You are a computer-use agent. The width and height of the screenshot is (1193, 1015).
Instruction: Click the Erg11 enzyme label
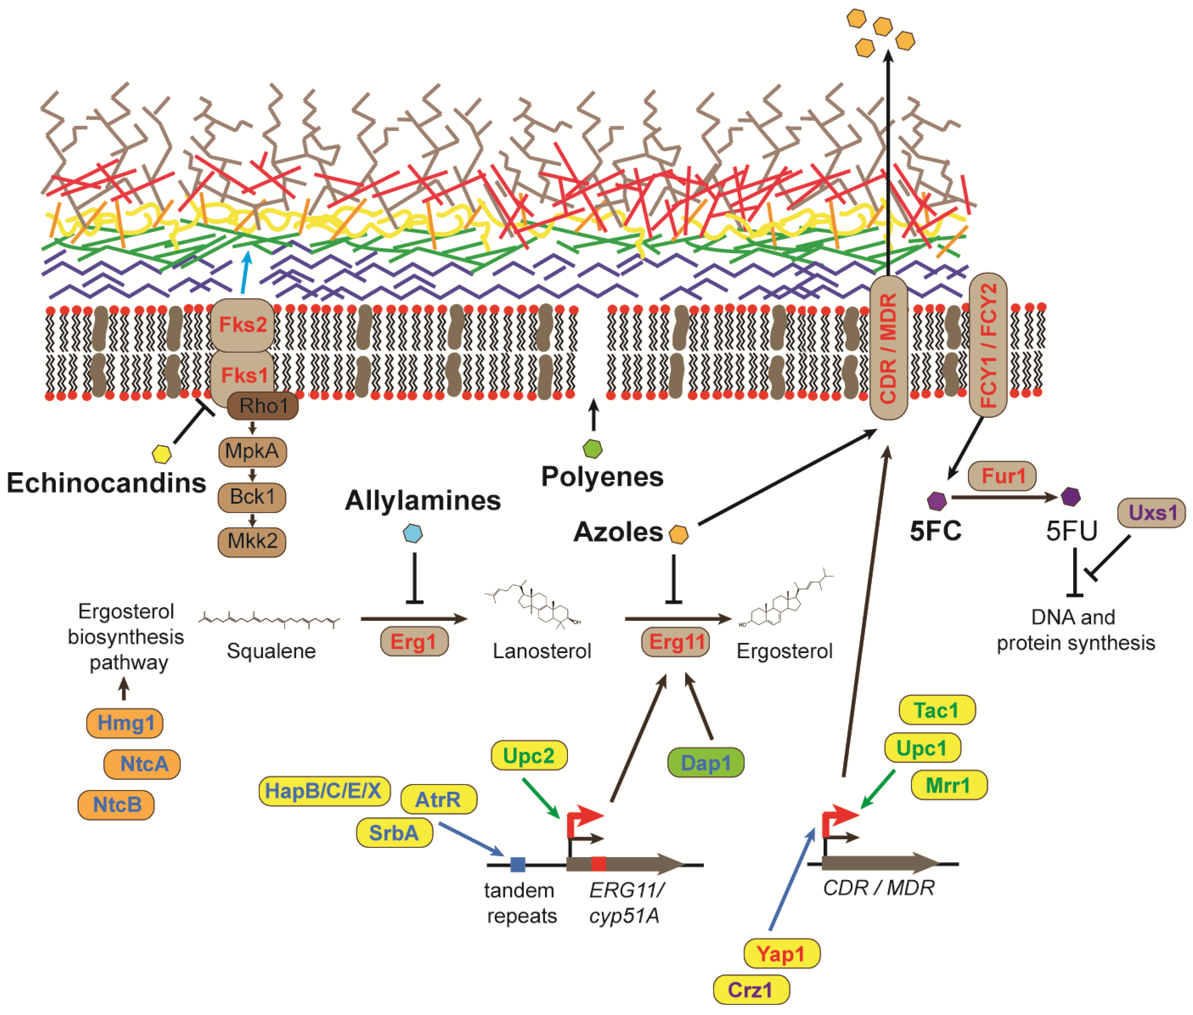675,642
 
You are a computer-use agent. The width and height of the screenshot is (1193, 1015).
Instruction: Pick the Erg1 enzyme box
414,642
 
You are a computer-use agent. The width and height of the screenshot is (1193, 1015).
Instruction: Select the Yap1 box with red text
781,954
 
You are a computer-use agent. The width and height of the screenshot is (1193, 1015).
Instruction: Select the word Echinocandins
106,483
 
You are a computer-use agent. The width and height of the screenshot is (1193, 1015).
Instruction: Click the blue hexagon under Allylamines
413,533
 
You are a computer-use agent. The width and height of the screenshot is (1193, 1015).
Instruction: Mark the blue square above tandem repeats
518,864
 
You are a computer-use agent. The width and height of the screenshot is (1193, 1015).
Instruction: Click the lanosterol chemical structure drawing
532,607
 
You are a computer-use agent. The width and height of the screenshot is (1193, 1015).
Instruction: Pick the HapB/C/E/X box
324,791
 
